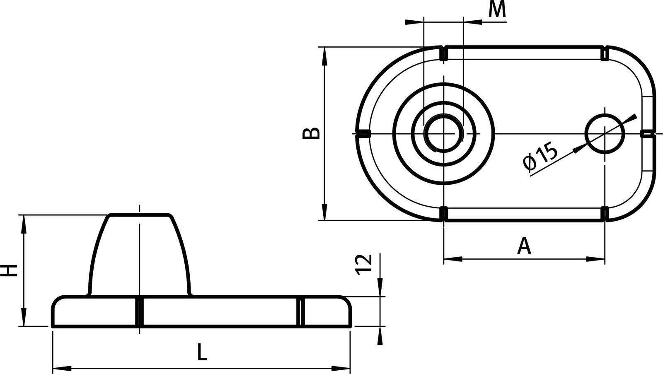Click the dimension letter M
click(x=497, y=10)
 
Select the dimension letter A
click(x=524, y=246)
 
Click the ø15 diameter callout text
click(x=540, y=157)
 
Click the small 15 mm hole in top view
click(x=605, y=133)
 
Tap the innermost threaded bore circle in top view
click(x=443, y=133)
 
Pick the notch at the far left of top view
click(x=364, y=133)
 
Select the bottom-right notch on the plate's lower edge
click(x=605, y=213)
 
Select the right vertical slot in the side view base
click(x=301, y=311)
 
